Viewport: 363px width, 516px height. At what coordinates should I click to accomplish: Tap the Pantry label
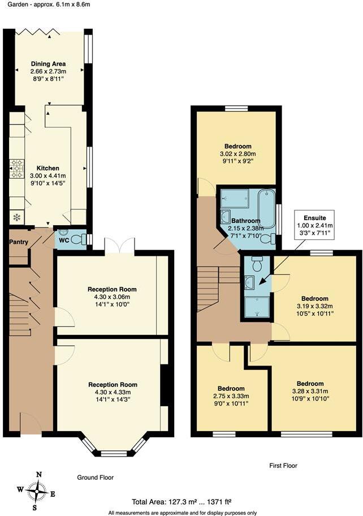[19, 242]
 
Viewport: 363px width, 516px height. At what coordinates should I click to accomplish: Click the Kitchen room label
[47, 169]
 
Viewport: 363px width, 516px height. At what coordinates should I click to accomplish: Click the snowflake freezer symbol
[16, 217]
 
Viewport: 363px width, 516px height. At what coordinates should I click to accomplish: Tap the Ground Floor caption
[95, 478]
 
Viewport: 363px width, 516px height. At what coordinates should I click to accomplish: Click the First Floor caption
[283, 466]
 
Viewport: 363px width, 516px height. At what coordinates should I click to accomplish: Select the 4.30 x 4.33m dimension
[113, 392]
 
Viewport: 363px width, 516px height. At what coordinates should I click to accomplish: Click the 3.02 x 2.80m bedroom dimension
[237, 153]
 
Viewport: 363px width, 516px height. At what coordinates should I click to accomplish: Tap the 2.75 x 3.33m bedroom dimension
[231, 396]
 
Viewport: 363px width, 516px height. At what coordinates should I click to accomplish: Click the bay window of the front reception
[114, 448]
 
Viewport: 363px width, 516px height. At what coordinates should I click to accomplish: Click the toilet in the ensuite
[257, 263]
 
